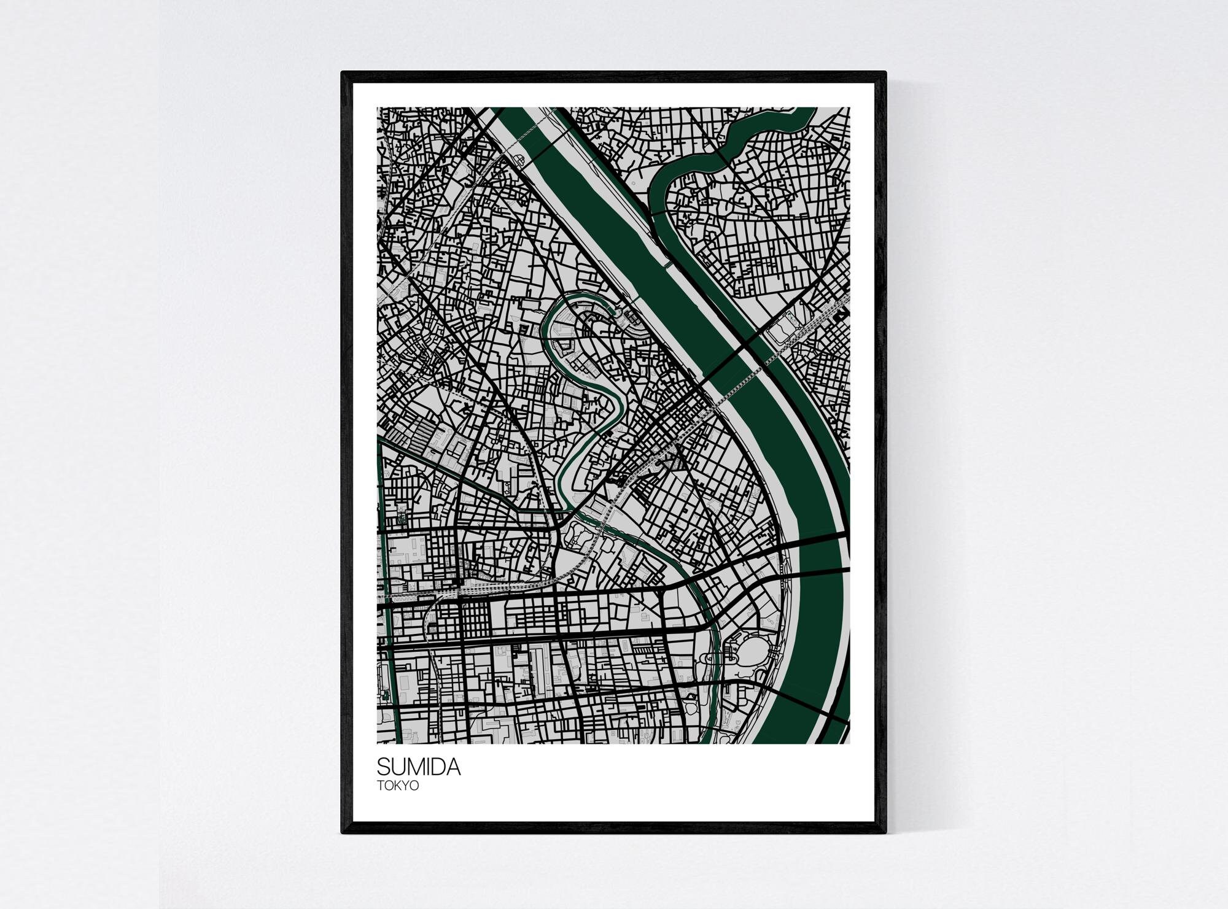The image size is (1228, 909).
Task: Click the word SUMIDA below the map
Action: [418, 767]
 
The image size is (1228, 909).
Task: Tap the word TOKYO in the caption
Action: [398, 785]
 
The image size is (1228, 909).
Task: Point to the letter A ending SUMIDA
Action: [453, 767]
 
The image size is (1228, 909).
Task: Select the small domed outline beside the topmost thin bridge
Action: [523, 159]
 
